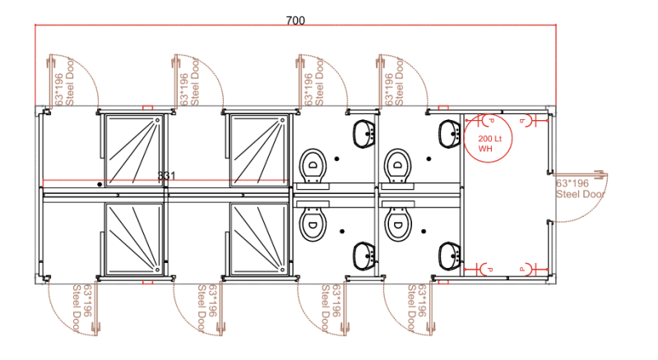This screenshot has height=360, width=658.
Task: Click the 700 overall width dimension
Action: (295, 21)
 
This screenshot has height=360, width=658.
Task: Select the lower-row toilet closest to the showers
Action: (313, 220)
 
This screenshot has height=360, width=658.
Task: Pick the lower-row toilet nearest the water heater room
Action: (398, 220)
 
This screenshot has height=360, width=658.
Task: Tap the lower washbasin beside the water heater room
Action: (450, 255)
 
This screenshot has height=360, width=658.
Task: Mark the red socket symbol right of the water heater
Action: (524, 122)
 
